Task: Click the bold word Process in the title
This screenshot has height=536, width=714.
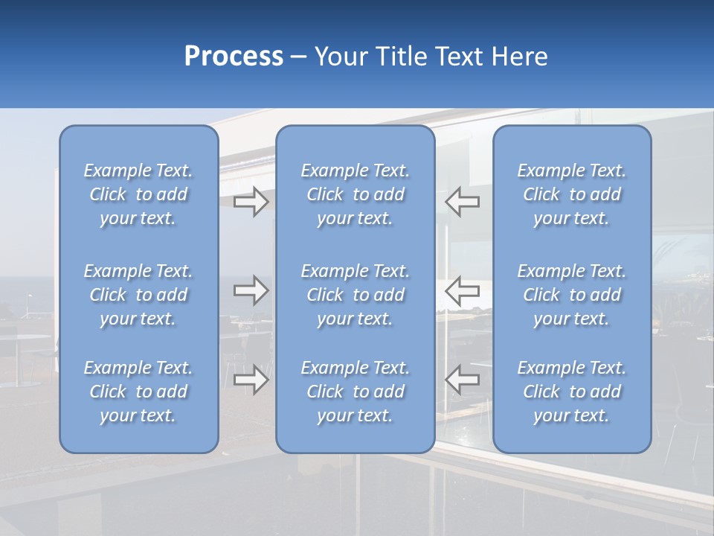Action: click(234, 57)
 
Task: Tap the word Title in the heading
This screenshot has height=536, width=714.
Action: click(400, 57)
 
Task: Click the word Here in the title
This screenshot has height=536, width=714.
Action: click(520, 57)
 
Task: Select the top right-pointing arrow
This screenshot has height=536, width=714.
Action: click(251, 202)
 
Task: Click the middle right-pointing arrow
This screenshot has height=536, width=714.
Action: click(251, 290)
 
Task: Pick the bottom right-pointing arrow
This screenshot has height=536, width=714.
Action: click(251, 380)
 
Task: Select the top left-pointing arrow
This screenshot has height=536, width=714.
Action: click(463, 202)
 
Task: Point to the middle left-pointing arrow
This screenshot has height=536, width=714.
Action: click(463, 290)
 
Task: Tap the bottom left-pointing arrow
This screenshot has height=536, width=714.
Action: click(463, 380)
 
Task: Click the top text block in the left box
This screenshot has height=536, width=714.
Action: click(138, 194)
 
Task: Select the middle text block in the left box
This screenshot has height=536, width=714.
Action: click(138, 295)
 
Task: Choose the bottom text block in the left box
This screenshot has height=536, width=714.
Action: click(138, 392)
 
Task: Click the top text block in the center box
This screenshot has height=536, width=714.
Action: click(356, 194)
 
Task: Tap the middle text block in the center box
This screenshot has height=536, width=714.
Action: click(356, 295)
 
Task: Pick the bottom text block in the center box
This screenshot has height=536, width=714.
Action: click(356, 392)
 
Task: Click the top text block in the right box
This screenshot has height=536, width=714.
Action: click(572, 194)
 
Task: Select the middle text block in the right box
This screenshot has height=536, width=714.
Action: click(572, 295)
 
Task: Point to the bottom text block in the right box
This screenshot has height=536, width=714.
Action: click(572, 392)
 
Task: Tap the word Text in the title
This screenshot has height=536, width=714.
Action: click(461, 57)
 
